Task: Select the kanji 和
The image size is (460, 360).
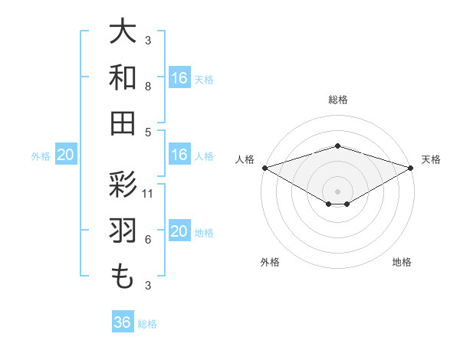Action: (x=123, y=78)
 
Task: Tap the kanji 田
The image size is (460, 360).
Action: (x=123, y=123)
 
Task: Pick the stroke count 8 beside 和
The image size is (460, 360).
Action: (x=148, y=87)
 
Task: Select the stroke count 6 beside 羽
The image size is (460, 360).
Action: (x=148, y=240)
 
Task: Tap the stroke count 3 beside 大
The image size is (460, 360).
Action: (x=148, y=40)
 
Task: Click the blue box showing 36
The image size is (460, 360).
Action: (x=123, y=322)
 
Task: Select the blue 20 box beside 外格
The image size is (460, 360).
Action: (x=66, y=155)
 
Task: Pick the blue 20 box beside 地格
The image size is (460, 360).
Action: (x=179, y=232)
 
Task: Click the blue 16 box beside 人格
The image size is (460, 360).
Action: (x=179, y=155)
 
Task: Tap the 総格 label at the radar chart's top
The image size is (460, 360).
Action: (x=337, y=100)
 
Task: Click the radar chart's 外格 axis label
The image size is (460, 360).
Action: (x=270, y=262)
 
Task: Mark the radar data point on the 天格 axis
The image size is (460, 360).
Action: (x=411, y=168)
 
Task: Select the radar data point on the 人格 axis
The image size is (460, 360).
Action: (x=264, y=168)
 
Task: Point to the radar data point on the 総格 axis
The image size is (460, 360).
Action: (x=337, y=146)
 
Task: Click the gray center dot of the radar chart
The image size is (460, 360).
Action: (x=337, y=190)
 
